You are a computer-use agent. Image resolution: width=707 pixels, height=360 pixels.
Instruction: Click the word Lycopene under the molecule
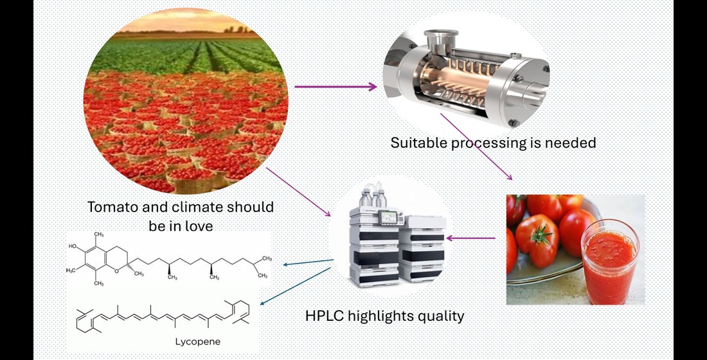tap(198, 341)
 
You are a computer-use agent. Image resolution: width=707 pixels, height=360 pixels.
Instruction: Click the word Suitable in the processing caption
tap(416, 142)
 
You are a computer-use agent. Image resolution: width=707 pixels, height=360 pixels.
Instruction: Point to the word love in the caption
tap(198, 226)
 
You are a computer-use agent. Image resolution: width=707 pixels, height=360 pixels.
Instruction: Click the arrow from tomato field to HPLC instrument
tap(299, 192)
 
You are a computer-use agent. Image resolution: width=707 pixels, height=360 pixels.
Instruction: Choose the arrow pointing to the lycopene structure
tap(296, 287)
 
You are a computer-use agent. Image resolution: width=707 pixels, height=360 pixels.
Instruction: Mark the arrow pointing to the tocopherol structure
tap(309, 262)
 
